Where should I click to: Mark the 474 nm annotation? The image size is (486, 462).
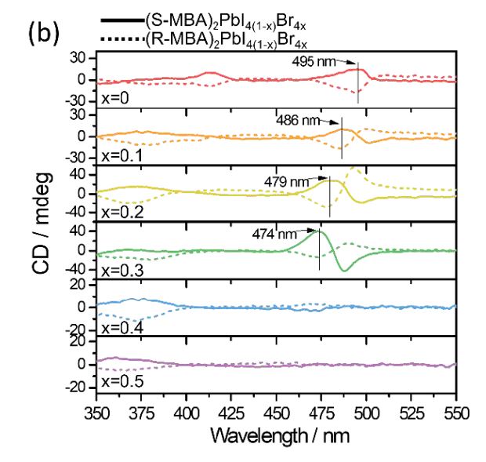pyautogui.click(x=274, y=233)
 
